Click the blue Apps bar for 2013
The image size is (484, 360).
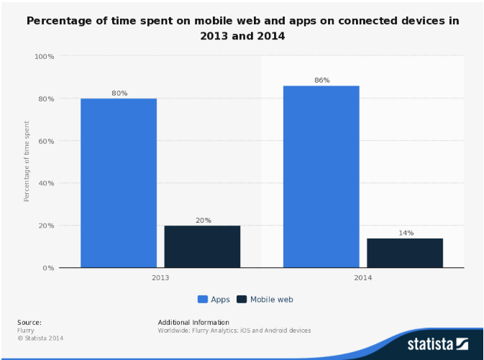point(118,183)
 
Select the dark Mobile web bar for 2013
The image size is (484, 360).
point(202,246)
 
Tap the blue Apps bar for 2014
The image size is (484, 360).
point(321,176)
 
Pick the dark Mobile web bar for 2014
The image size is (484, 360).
point(405,252)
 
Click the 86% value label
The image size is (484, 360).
point(321,80)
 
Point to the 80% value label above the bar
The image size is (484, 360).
point(119,93)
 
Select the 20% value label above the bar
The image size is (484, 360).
point(203,220)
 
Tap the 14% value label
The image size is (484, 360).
point(406,233)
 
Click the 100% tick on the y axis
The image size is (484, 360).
point(45,56)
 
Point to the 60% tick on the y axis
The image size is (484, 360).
point(46,141)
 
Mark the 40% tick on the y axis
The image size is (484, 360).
point(46,183)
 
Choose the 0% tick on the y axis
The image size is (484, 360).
point(48,268)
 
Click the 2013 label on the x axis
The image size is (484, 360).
point(160,277)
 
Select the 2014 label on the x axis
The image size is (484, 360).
point(363,277)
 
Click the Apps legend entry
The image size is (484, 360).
point(214,299)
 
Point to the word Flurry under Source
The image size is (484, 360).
point(26,331)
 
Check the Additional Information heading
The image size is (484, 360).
point(193,322)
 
